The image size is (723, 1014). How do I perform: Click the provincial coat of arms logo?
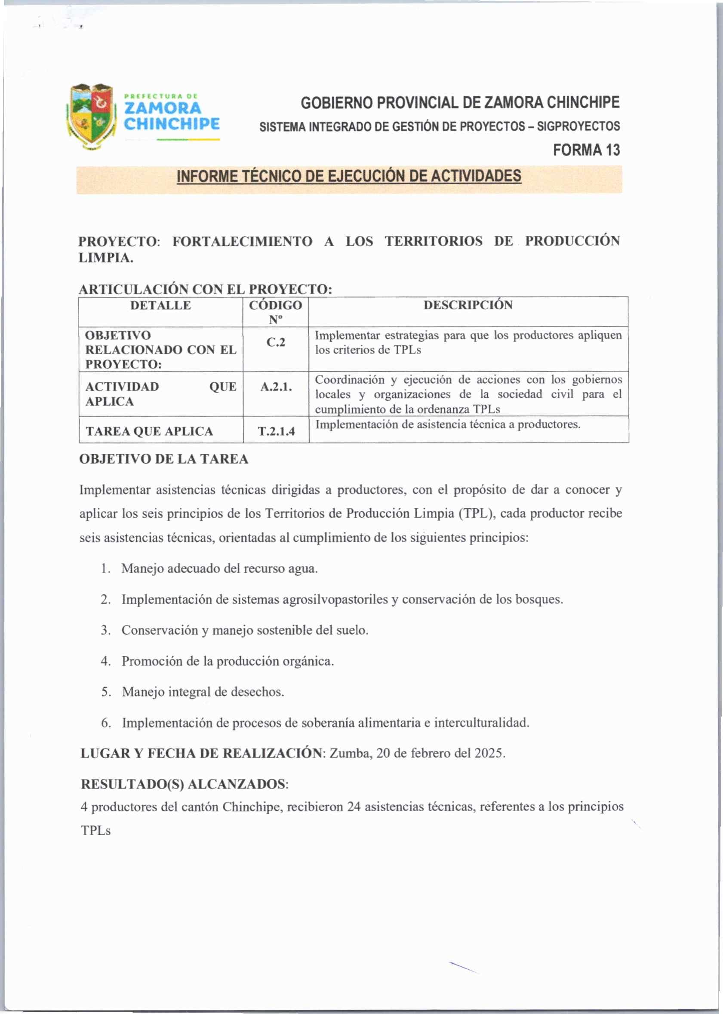click(x=91, y=117)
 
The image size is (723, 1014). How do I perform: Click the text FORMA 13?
click(x=586, y=150)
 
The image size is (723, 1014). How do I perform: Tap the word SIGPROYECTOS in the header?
click(x=578, y=126)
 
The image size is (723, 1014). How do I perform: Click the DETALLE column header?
click(x=160, y=305)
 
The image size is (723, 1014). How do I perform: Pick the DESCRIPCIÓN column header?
click(x=468, y=305)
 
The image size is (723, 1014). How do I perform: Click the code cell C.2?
click(x=276, y=342)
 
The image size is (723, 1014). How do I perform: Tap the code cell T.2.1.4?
click(x=276, y=431)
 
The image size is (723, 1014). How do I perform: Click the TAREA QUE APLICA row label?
click(x=149, y=431)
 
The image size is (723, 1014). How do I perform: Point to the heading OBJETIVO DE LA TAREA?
click(x=163, y=459)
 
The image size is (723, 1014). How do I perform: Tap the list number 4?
click(x=105, y=661)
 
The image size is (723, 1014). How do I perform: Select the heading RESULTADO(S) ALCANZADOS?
click(x=184, y=784)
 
